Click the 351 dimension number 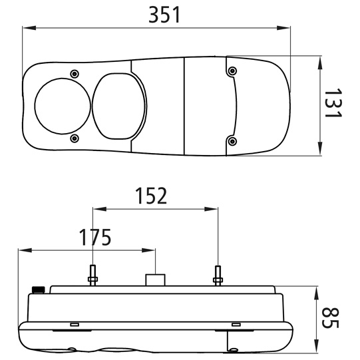point(164,15)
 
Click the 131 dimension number point(333,102)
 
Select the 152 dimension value point(151,196)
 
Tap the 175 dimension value point(94,237)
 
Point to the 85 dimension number point(330,317)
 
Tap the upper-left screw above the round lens point(75,74)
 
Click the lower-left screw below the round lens point(74,138)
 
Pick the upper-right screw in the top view point(232,71)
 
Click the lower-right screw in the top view point(232,141)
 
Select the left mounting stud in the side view point(92,275)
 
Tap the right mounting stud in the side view point(218,275)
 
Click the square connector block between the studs point(156,280)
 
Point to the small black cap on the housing point(39,290)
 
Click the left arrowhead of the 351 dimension point(29,28)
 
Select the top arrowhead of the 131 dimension point(320,64)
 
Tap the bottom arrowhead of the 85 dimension point(316,345)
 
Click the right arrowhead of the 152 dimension point(211,209)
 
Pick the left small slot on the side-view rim point(75,325)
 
